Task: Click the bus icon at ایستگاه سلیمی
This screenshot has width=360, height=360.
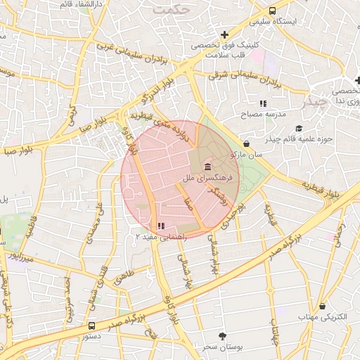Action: coord(272,11)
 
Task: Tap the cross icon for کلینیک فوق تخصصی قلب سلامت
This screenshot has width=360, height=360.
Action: coord(224,34)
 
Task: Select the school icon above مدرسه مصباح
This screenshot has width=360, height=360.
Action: coord(263,103)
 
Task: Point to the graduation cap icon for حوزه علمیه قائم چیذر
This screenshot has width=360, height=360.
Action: coord(299,128)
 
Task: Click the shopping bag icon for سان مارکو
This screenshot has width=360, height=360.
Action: coord(246,143)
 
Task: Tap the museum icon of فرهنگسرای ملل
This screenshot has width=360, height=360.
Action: coord(207,167)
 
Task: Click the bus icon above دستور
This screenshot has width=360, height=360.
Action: coord(92,326)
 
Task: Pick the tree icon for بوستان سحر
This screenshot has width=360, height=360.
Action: coord(223,336)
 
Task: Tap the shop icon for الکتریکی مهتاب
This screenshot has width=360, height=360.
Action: coord(322,307)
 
